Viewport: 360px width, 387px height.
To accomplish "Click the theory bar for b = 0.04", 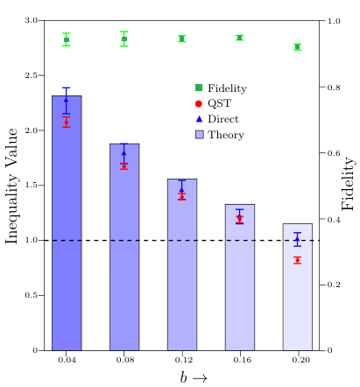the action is tap(67, 222).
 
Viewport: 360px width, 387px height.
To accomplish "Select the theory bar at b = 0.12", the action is tap(182, 264).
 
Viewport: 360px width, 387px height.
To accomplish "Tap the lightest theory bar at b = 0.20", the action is tap(298, 287).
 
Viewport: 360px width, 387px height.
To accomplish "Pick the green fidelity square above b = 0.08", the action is tap(124, 39).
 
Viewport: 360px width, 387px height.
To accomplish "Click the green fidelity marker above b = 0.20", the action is tap(298, 46).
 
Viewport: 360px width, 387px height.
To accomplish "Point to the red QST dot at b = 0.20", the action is tap(298, 260).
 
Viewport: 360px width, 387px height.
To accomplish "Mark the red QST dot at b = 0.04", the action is tap(67, 122).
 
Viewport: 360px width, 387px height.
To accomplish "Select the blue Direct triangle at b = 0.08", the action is tap(124, 152).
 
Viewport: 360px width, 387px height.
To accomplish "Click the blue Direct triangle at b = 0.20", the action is tap(297, 239).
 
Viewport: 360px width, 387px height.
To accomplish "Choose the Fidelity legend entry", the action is tap(221, 88).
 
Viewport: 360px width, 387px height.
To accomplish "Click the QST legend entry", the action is tap(213, 103).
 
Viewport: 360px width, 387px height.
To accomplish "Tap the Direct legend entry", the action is tap(217, 119).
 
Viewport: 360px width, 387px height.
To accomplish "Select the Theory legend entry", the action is tap(220, 135).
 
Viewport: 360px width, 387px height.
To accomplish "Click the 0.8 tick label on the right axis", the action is tap(334, 87).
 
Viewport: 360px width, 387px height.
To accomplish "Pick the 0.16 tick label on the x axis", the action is tap(242, 360).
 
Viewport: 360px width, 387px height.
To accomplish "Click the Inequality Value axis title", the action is tap(11, 186).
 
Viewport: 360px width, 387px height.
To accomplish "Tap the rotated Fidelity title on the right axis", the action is tap(348, 184).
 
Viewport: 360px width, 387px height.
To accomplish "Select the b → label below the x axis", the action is tap(194, 377).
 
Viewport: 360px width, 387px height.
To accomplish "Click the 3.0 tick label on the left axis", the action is tap(32, 20).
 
